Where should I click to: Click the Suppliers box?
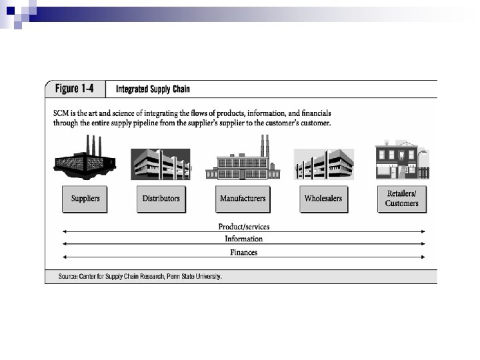85,199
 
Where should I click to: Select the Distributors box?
161,199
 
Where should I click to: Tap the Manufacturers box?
243,199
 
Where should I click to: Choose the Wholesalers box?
323,199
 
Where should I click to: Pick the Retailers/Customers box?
402,199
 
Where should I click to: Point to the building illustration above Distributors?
161,163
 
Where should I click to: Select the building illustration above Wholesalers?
323,164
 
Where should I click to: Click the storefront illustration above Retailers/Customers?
401,160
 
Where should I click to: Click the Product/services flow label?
244,227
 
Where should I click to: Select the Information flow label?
244,239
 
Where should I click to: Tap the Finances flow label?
244,253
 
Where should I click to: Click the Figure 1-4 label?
75,89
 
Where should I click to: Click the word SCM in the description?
61,113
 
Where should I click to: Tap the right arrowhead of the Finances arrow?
424,258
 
